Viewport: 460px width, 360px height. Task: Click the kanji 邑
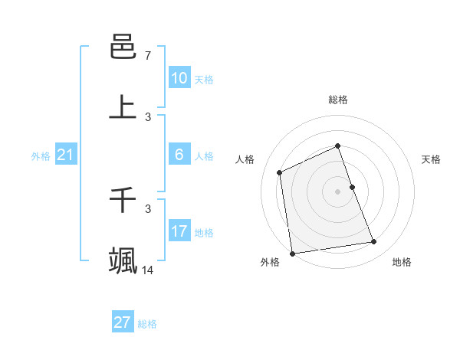click(123, 47)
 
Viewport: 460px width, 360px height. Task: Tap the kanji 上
click(123, 107)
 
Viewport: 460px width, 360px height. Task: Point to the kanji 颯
click(123, 260)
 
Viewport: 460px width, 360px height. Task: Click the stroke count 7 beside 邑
click(148, 55)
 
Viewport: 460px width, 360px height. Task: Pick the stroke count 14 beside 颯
click(148, 270)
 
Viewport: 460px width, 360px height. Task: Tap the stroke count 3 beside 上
click(148, 117)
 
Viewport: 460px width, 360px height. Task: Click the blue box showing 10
click(179, 78)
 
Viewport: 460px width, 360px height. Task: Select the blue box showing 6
click(179, 155)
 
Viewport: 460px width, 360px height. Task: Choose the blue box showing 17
click(179, 231)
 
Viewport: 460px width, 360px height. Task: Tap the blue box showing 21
click(65, 155)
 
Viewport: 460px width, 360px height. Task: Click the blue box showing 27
click(123, 322)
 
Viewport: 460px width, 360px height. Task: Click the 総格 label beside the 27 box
click(147, 324)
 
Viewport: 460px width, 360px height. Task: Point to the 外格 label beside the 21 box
click(41, 156)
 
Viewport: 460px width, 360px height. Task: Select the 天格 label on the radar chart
click(431, 159)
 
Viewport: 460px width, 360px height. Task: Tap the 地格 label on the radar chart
click(402, 262)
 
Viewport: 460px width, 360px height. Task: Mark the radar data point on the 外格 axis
click(292, 253)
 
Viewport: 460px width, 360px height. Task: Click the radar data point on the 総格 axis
click(337, 146)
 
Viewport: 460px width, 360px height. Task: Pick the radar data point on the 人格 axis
click(280, 172)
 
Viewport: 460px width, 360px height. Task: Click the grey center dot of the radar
click(337, 191)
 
